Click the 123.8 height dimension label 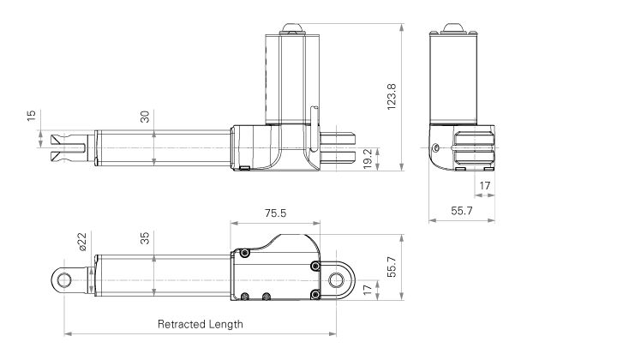click(392, 97)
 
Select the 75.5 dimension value click(275, 213)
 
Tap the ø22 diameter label click(81, 242)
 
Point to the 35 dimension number click(145, 238)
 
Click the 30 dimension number click(145, 117)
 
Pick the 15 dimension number click(31, 116)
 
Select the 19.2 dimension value click(367, 159)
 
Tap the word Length click(226, 324)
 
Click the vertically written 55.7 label click(392, 267)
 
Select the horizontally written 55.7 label click(462, 211)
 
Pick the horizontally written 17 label click(485, 185)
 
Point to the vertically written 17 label click(367, 290)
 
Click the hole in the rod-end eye click(63, 280)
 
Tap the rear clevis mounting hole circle click(336, 280)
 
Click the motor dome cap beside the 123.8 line click(291, 29)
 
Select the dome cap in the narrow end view click(453, 28)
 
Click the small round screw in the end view click(435, 148)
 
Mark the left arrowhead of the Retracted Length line click(68, 334)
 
